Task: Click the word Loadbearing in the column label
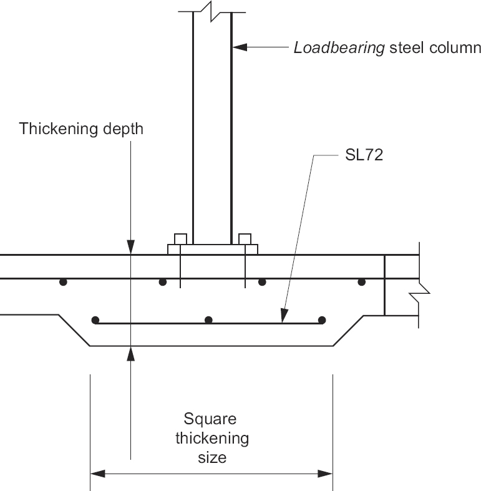tap(339, 48)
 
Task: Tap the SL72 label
tap(364, 156)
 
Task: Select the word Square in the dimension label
tap(210, 419)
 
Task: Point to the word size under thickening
tap(211, 457)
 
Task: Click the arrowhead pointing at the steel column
tap(240, 47)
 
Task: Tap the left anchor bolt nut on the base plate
tap(180, 239)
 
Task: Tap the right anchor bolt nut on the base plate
tap(245, 239)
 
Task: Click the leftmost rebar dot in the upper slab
tap(62, 282)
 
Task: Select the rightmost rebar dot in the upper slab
tap(361, 282)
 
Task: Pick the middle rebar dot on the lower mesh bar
tap(208, 320)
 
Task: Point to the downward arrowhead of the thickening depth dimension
tap(131, 248)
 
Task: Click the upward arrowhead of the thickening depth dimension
tap(131, 353)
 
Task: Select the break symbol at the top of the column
tap(211, 11)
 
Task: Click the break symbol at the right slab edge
tap(421, 288)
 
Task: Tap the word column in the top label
tap(454, 48)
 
